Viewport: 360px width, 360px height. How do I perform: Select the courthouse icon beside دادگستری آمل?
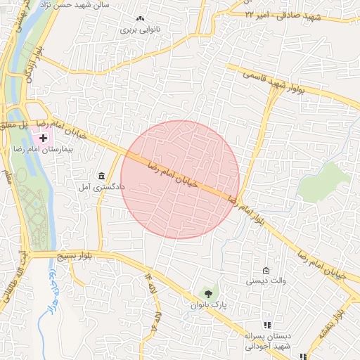[101, 176]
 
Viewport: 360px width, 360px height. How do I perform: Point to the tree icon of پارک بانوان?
[207, 292]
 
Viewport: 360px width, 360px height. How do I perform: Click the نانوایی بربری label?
[136, 30]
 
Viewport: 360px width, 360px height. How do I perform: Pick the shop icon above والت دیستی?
[266, 271]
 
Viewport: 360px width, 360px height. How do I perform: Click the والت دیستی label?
[265, 281]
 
